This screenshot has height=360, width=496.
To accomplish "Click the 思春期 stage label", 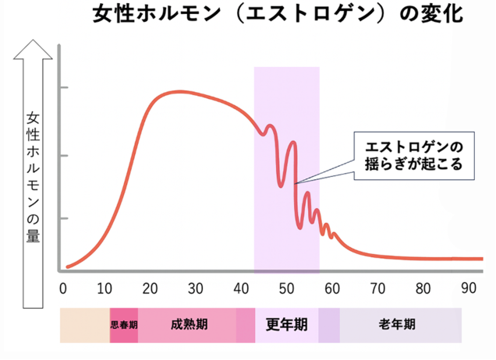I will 124,325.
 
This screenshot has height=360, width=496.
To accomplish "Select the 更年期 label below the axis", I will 286,324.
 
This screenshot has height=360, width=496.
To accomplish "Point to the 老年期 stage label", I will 397,324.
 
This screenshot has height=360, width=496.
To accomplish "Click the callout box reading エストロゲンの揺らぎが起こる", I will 409,155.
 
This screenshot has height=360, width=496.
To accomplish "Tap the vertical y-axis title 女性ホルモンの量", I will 34,175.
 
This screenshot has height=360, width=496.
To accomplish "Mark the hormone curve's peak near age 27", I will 178,92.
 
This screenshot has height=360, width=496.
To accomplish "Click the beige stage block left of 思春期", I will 85,325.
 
